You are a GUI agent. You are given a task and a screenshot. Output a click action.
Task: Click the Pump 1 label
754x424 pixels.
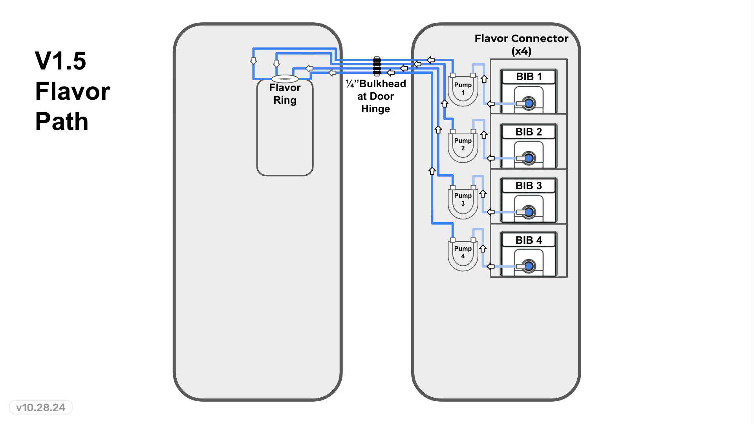coord(463,89)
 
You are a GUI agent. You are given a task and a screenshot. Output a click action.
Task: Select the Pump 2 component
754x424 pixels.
coord(463,145)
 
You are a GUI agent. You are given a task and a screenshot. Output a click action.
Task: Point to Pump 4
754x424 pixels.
coord(463,253)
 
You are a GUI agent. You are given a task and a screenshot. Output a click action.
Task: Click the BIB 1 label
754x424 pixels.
coord(529,77)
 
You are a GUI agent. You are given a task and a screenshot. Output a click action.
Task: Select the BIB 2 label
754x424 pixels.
coord(529,132)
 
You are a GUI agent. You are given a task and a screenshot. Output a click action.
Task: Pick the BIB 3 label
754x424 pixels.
coord(529,186)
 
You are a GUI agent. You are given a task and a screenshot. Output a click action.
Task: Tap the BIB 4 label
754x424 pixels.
coord(529,240)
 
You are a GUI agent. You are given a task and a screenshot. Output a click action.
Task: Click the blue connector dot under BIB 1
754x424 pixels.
coord(529,104)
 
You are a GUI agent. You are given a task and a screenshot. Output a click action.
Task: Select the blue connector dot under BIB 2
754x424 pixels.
coord(529,158)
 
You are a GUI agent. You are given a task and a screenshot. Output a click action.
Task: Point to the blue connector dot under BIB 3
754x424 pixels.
coord(529,212)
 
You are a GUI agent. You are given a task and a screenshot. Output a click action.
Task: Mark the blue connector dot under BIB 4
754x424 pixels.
coord(529,267)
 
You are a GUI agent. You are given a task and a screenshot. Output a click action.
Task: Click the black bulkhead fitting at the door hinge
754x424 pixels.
coord(377,66)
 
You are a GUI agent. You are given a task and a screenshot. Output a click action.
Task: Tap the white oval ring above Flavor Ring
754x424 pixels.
coord(285,79)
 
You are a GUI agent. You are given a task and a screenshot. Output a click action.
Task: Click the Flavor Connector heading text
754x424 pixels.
coord(521,38)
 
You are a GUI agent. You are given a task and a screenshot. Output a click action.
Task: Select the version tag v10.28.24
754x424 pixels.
coord(41,408)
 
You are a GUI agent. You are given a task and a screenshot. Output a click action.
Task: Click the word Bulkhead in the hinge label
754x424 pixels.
coord(382,84)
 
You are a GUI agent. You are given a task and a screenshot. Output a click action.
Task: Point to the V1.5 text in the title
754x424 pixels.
coord(60,61)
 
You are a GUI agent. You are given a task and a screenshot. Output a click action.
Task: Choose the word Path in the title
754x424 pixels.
coord(62,121)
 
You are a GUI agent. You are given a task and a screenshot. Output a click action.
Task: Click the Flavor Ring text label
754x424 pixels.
coord(285,94)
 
